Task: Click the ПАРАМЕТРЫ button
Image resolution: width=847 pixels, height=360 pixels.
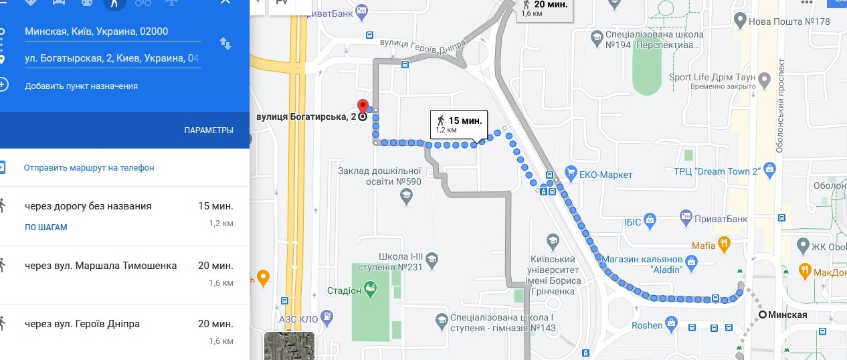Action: [209, 130]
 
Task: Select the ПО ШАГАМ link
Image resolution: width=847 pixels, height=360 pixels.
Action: [46, 228]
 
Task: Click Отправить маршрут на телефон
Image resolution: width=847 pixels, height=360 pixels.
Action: [89, 168]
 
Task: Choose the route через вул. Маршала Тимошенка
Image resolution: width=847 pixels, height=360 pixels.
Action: [100, 266]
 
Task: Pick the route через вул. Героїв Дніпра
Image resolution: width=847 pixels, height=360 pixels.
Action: [82, 325]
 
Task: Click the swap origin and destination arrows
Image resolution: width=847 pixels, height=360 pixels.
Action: [225, 43]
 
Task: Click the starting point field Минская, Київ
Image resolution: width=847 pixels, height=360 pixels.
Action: [96, 31]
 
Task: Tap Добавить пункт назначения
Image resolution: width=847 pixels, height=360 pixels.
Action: [81, 86]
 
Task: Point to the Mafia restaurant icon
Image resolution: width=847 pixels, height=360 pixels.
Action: [723, 245]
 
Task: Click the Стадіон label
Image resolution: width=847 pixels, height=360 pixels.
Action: [345, 290]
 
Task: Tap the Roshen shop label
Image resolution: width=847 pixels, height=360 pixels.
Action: [647, 326]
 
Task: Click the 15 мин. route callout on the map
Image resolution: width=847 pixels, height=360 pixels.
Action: [459, 125]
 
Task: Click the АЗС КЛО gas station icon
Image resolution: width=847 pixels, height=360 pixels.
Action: [326, 317]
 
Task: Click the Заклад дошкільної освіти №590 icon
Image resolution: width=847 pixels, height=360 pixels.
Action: [406, 195]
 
